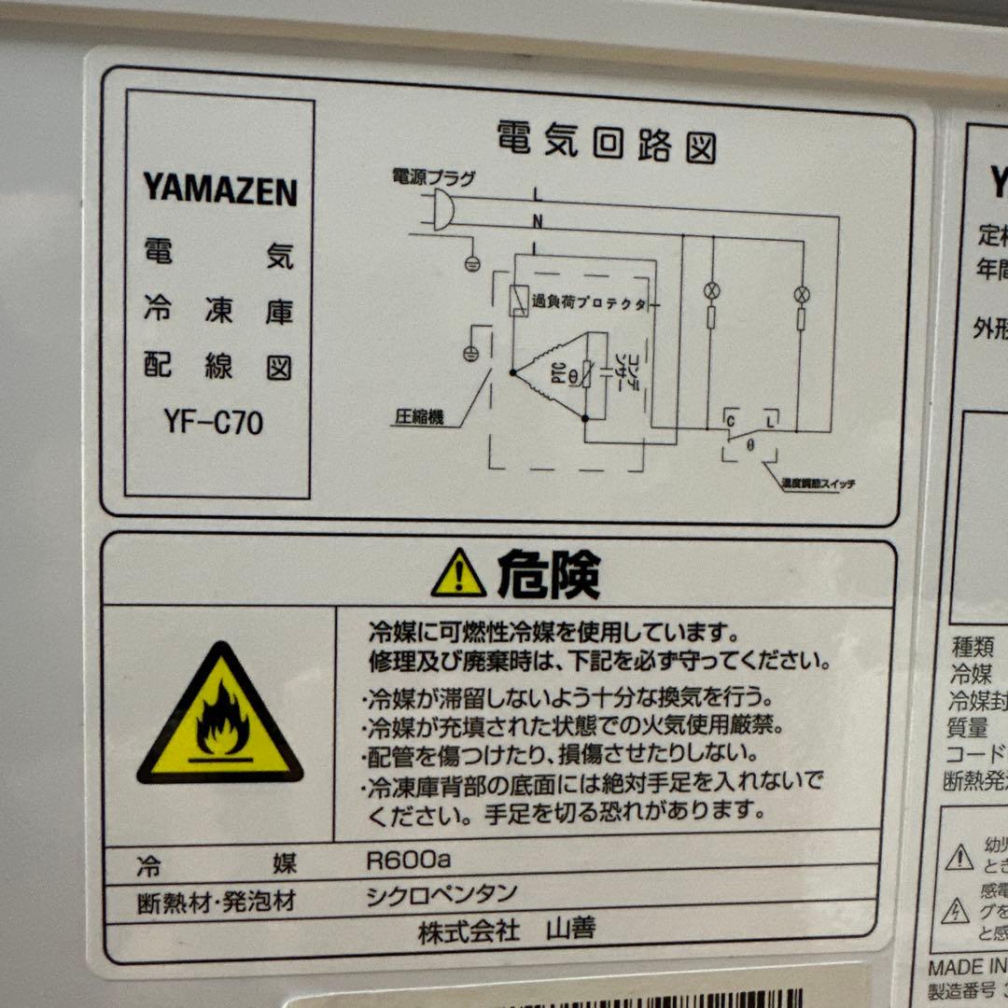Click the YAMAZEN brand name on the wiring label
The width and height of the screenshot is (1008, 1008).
219,189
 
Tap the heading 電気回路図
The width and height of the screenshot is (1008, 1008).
607,141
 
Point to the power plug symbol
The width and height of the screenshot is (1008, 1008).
443,210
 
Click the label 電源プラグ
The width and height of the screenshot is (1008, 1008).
433,176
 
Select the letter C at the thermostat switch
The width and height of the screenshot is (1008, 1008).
731,421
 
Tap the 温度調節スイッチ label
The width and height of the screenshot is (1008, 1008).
819,483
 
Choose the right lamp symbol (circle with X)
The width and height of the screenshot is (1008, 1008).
802,294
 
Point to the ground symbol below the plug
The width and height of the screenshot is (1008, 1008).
473,262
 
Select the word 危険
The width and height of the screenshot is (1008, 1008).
549,573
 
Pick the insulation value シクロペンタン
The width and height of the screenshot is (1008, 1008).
441,894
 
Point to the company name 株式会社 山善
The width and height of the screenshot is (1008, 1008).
507,930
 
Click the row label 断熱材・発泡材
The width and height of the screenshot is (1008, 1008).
216,903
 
